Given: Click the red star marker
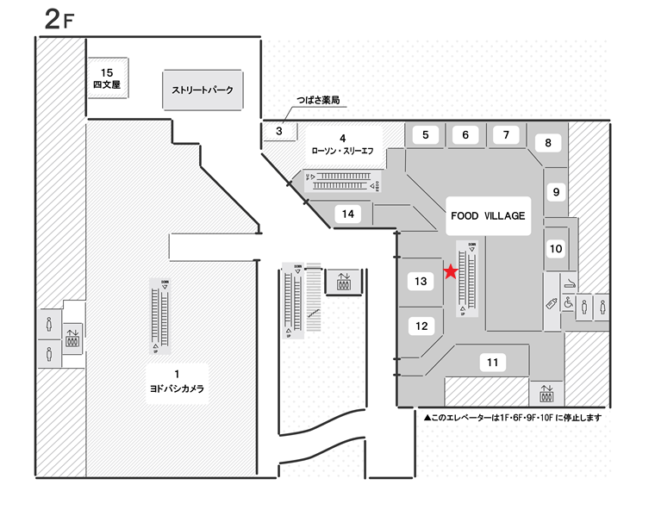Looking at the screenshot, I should [x=450, y=272].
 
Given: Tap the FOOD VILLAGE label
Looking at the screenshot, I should [x=487, y=216].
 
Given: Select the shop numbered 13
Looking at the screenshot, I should [x=421, y=281].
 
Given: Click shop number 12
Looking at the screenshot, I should [x=421, y=326].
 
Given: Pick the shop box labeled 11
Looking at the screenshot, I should [x=492, y=363].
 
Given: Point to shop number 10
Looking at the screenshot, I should [x=556, y=250].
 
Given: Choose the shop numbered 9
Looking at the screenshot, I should [x=557, y=192].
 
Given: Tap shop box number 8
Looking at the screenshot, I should [x=547, y=144].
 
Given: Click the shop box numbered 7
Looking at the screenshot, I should [x=506, y=134].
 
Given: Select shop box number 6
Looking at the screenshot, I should [x=465, y=134].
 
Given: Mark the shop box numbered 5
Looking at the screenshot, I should [x=425, y=134].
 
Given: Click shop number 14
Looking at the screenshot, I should [x=348, y=214].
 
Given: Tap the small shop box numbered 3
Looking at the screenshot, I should [x=279, y=132].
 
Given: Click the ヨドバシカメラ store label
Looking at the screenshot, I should [x=176, y=381].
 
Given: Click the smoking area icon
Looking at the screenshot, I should [x=570, y=283].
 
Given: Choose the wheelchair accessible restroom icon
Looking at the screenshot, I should [x=568, y=303].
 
